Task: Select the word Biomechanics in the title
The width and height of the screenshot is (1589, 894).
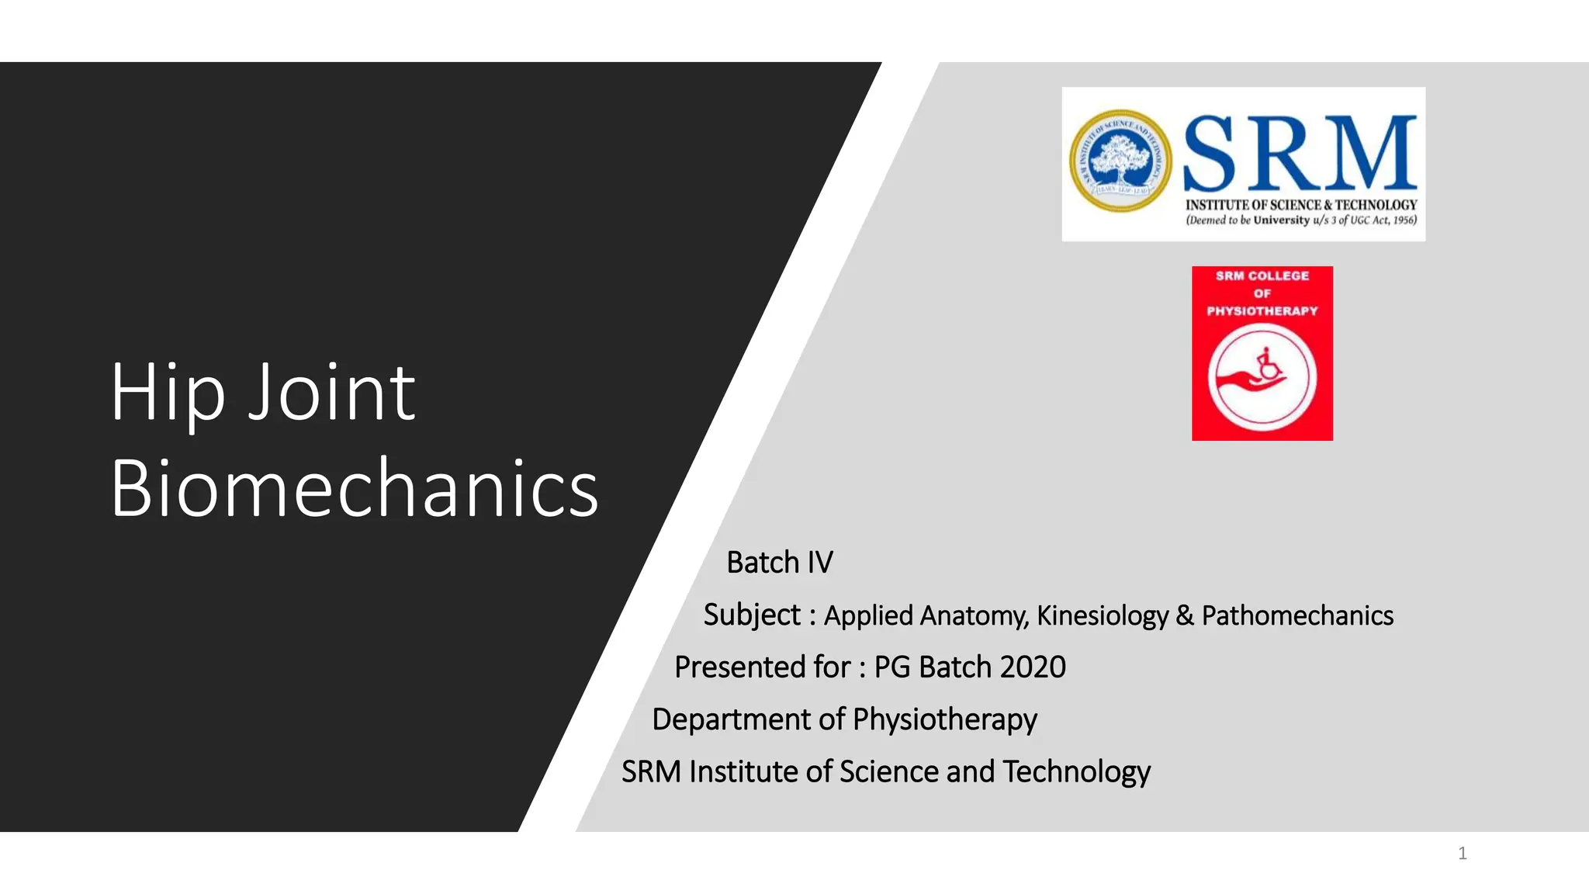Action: pos(354,489)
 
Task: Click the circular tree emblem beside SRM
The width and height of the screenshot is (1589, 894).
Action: pos(1120,161)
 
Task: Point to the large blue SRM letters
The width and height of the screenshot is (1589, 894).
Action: pos(1300,154)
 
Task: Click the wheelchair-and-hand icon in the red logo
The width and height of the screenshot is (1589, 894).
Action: pos(1262,377)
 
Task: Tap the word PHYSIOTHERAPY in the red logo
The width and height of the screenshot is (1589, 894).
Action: pos(1262,311)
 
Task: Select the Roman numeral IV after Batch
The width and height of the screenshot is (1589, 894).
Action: pos(820,563)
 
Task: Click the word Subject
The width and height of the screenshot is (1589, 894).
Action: pos(751,615)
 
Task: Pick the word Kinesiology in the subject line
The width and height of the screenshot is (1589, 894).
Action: pos(1102,615)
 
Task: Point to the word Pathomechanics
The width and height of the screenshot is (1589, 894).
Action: pos(1297,615)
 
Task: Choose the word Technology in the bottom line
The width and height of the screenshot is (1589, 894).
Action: pos(1076,772)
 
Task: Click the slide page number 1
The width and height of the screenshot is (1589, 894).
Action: pos(1463,854)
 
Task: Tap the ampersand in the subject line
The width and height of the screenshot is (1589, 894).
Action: pos(1185,615)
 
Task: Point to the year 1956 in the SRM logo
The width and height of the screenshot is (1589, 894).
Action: pos(1404,220)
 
